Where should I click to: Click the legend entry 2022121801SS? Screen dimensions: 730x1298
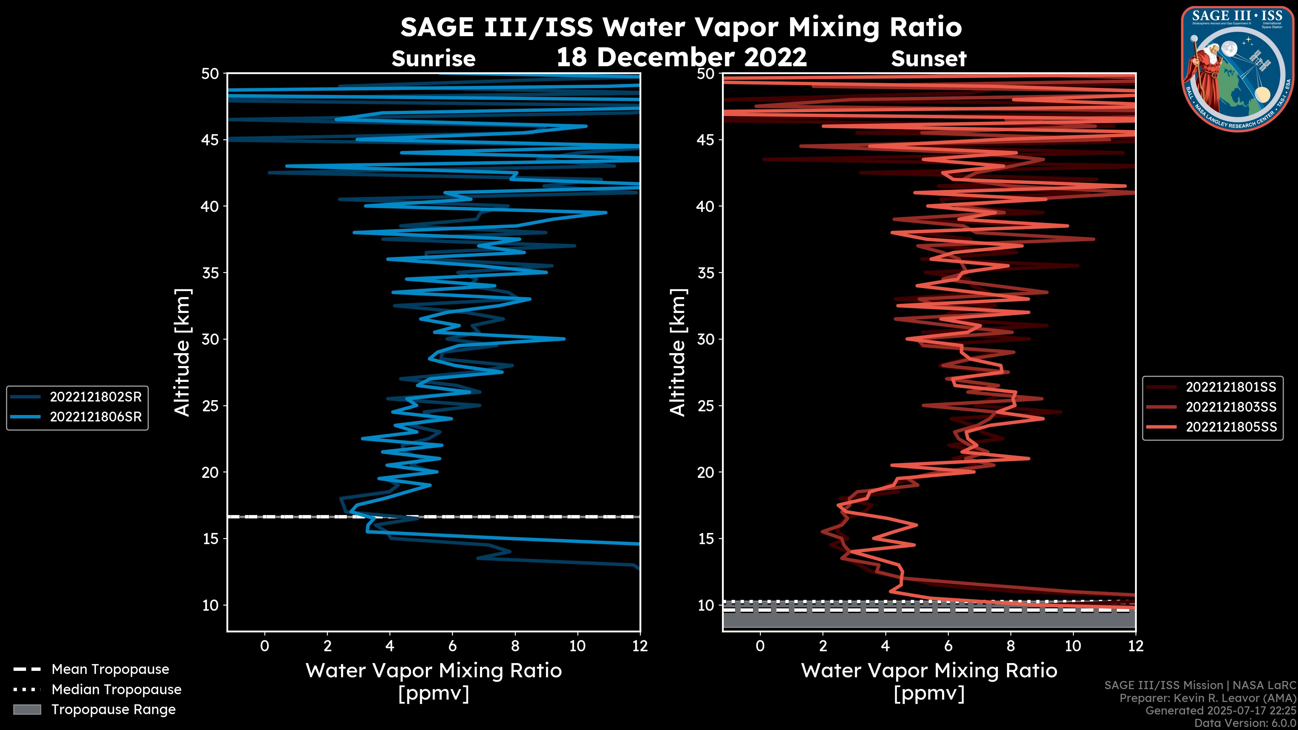point(1230,387)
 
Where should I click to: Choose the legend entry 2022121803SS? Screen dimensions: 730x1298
point(1230,407)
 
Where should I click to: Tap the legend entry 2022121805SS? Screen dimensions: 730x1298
point(1230,427)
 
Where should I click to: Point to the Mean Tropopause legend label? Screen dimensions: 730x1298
point(110,670)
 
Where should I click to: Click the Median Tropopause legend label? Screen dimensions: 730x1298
point(116,690)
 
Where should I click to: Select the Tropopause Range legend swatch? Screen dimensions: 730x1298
point(27,710)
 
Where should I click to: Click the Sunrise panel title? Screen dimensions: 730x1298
point(433,59)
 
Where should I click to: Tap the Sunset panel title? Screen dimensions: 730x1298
point(929,59)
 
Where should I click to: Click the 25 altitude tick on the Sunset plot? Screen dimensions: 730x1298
point(706,406)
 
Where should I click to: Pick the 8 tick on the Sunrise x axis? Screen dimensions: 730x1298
point(514,646)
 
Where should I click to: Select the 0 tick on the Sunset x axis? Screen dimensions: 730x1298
point(760,646)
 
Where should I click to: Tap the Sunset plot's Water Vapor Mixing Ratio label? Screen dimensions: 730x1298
point(929,671)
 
